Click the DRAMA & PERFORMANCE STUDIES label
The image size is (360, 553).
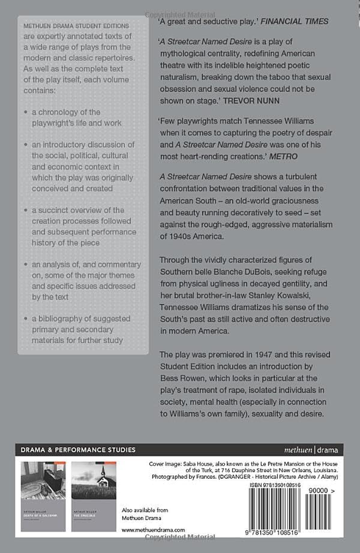76,450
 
